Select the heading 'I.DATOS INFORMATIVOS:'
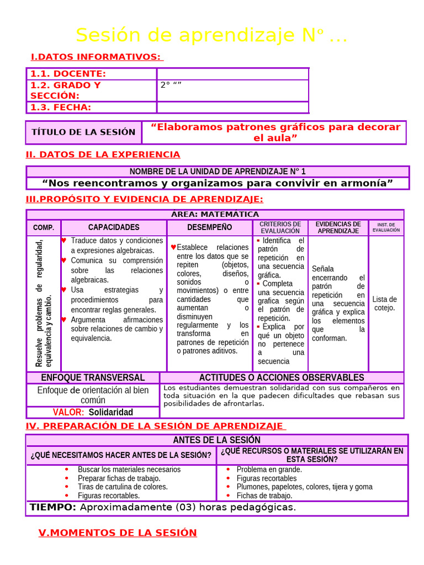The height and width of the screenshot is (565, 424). [x=97, y=57]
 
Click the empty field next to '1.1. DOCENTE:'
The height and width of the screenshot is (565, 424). [x=232, y=74]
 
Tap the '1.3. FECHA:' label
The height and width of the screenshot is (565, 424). [x=61, y=107]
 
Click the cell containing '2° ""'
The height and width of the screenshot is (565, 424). [x=232, y=90]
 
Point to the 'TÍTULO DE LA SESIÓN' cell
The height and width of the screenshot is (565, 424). [x=83, y=132]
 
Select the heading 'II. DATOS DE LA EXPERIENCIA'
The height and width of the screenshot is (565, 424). [x=103, y=154]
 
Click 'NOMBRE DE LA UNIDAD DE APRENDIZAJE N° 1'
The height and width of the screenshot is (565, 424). [x=218, y=172]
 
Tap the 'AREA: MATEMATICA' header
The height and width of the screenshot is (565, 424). [x=215, y=214]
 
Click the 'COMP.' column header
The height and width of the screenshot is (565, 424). [x=44, y=227]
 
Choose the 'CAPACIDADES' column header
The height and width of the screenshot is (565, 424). [x=114, y=227]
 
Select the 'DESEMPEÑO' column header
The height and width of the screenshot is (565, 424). [x=209, y=227]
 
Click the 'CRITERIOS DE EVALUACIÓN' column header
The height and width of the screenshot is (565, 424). [x=280, y=227]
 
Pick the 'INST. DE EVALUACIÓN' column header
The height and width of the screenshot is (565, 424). [x=386, y=227]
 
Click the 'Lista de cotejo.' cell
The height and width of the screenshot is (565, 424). [x=385, y=303]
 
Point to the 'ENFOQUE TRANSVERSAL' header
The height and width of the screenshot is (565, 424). [x=93, y=377]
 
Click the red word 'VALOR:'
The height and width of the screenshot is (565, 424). [x=68, y=412]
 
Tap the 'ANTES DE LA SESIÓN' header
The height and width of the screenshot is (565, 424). [x=216, y=440]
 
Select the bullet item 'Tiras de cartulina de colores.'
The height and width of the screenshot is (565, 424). [x=123, y=487]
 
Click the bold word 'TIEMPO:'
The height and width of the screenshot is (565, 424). [x=53, y=507]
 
